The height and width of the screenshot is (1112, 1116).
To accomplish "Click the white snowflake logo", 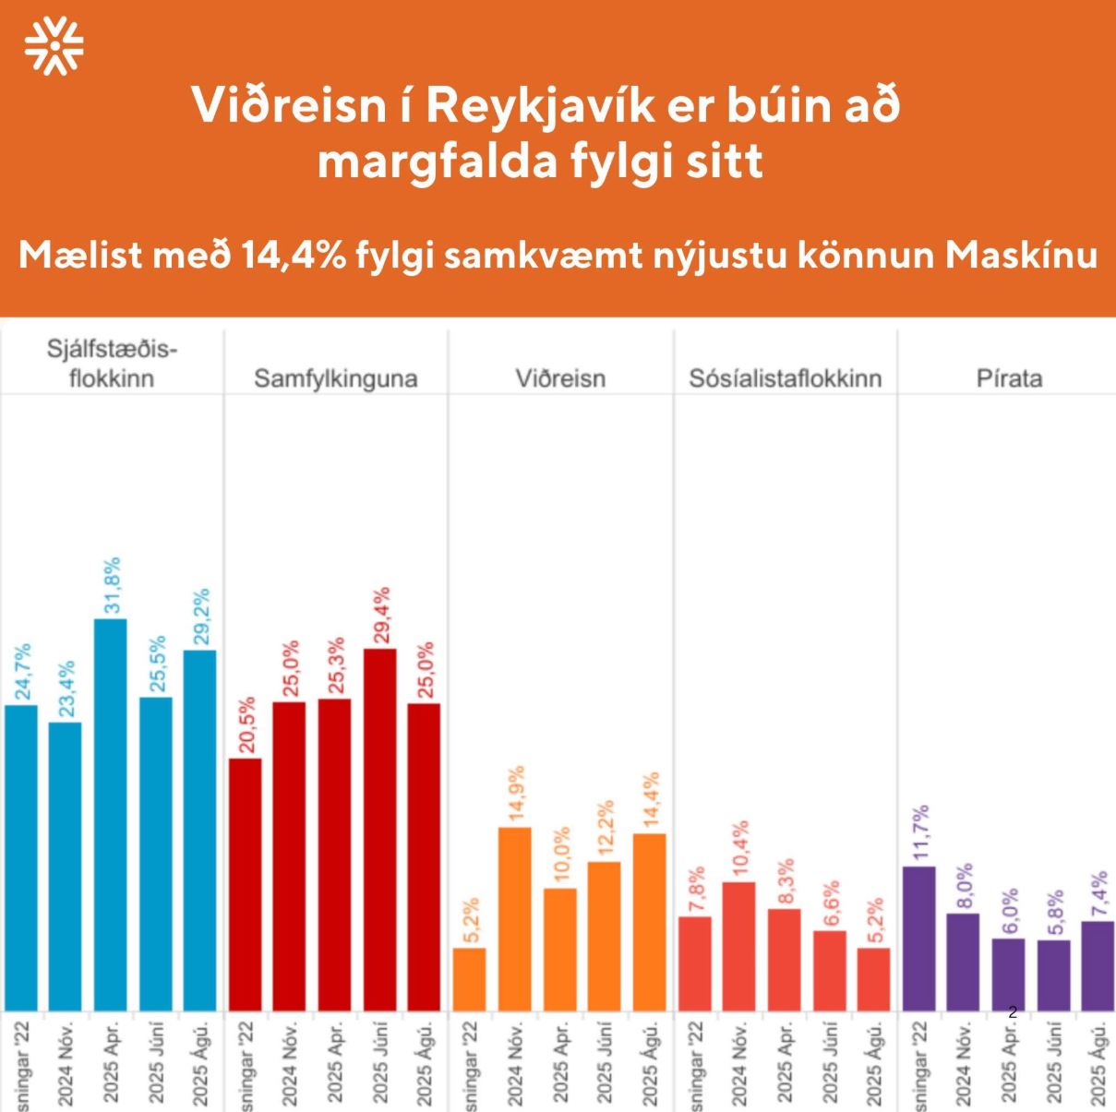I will point(54,45).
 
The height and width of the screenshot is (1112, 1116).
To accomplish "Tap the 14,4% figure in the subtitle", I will point(294,255).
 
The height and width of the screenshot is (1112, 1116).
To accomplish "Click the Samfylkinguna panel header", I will point(336,378).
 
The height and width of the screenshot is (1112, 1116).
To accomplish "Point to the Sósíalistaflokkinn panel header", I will point(786,378).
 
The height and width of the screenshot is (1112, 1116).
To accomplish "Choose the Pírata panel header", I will point(1009,378).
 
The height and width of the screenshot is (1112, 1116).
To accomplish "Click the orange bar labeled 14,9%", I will point(515,918).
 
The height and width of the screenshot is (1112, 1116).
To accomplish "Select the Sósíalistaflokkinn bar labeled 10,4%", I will point(739,946).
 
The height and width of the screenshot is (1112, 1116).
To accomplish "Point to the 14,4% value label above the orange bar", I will point(651,800).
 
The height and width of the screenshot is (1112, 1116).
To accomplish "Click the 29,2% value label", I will point(200,616).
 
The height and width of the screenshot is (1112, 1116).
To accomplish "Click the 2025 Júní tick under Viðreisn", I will point(605,1061).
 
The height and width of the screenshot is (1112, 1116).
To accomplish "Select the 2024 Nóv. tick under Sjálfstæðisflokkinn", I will point(66,1061).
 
